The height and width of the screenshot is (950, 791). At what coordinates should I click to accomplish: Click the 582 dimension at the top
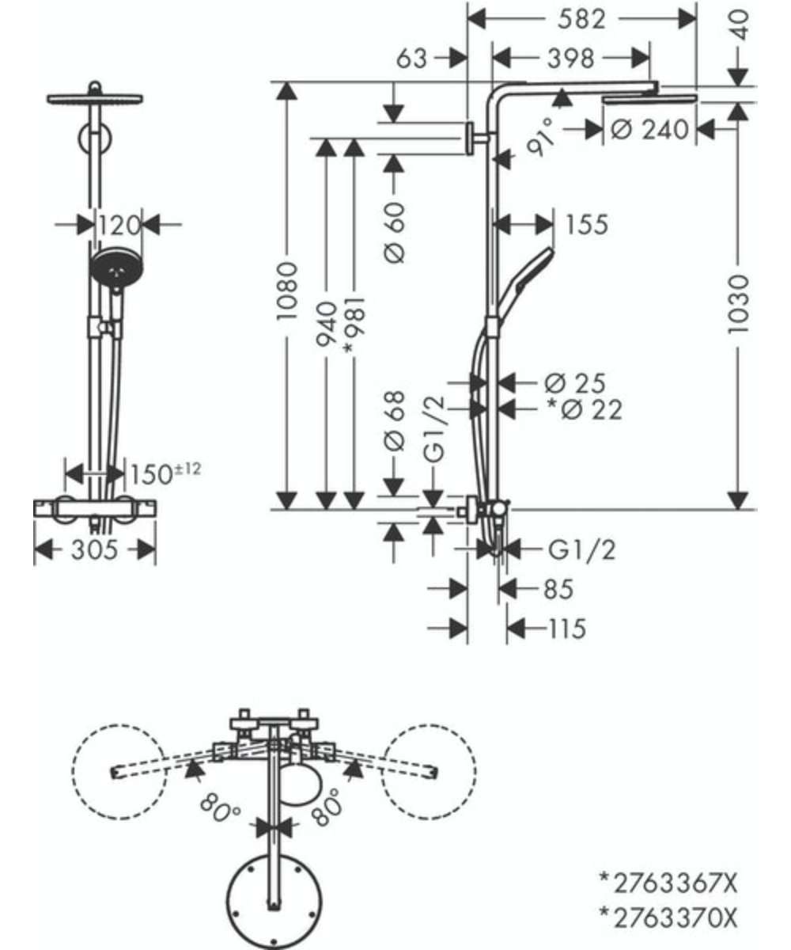pos(581,20)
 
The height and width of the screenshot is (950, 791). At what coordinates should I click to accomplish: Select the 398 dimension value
pos(570,59)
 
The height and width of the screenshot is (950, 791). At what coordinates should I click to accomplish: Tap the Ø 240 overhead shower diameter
pos(649,130)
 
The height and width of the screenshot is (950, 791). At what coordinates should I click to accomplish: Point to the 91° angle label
pos(541,137)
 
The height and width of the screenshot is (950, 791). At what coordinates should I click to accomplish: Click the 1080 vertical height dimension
pos(287,291)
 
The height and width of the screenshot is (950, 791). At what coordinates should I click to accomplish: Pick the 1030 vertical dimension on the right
pos(737,304)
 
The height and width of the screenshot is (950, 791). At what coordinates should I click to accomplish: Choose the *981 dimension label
pos(354,325)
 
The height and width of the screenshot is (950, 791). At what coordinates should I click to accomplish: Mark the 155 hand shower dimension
pos(587,225)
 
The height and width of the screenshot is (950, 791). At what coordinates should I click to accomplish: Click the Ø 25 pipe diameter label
pos(575,383)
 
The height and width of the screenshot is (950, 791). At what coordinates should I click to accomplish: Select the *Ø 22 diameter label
pos(585,409)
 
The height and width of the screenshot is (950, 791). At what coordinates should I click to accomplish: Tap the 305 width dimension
pos(95,549)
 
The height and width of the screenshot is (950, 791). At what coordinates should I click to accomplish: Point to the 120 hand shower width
pos(119,225)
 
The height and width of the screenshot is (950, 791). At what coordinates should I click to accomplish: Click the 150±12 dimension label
pos(165,473)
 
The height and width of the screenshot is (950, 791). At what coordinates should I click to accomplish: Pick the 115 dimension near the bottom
pos(567,629)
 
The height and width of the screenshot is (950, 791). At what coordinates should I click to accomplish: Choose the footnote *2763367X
pos(668,884)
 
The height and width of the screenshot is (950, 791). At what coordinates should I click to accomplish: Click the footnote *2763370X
pos(668,918)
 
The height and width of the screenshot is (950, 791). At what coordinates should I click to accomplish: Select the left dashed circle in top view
pos(119,772)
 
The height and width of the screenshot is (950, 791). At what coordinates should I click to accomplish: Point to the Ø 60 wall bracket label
pos(395,233)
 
